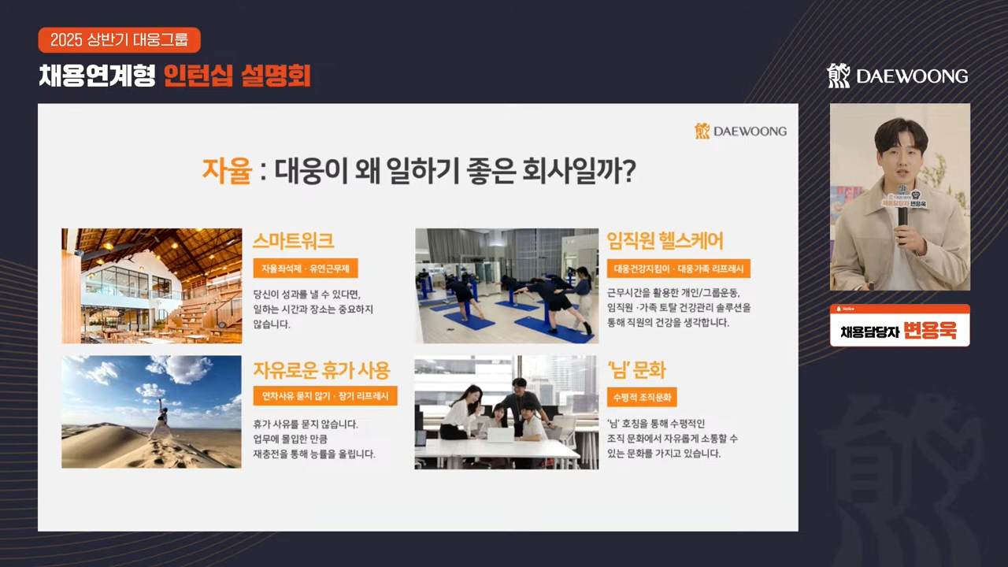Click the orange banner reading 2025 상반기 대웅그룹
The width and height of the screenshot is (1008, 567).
click(119, 40)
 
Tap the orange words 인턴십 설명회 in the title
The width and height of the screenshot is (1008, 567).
click(237, 76)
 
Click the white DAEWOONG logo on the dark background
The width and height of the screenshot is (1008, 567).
click(898, 76)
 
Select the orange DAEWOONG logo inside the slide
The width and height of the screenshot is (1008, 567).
click(741, 131)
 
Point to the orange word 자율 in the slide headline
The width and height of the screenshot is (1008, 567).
click(227, 171)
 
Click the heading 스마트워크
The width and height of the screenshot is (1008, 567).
click(293, 241)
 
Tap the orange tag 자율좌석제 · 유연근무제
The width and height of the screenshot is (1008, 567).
click(306, 269)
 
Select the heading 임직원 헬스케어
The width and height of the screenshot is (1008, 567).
click(665, 241)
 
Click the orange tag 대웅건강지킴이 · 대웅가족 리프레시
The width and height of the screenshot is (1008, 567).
click(679, 269)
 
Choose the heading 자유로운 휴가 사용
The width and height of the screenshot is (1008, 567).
click(321, 370)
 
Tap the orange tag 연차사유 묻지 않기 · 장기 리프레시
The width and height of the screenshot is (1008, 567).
click(325, 396)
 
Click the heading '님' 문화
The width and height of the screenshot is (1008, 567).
click(636, 370)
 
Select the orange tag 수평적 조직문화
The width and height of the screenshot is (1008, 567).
click(642, 398)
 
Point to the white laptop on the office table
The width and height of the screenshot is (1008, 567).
click(500, 435)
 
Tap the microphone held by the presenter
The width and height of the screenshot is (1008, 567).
click(902, 215)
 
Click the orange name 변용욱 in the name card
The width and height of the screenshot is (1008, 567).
click(930, 331)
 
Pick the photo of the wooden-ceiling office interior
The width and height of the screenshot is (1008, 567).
click(152, 286)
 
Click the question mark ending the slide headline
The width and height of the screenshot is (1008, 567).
click(628, 171)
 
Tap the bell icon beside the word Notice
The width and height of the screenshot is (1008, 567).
click(839, 309)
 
